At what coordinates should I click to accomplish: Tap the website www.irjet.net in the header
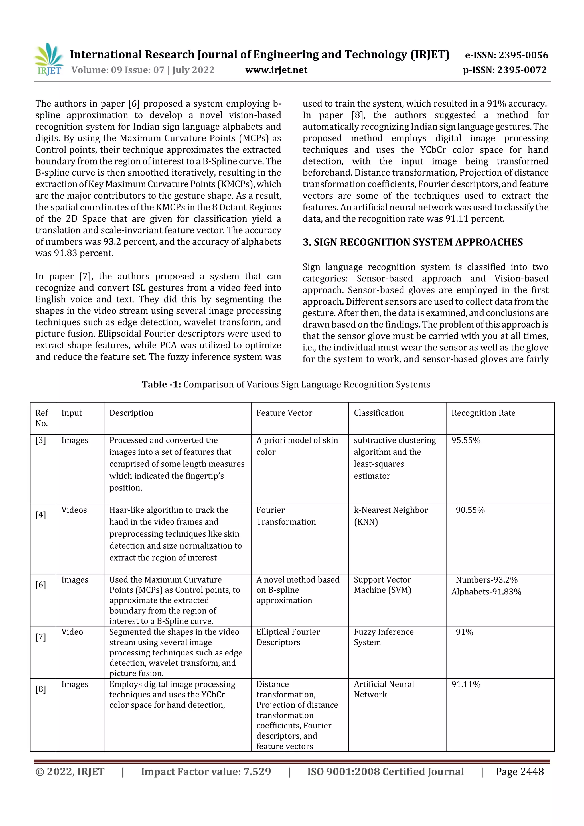point(276,70)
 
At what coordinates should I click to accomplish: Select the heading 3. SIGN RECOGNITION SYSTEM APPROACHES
point(412,242)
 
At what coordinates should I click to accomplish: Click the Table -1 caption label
point(161,384)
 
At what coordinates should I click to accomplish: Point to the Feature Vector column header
point(284,413)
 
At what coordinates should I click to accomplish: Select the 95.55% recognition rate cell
point(466,440)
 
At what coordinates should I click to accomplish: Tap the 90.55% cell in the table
point(470,510)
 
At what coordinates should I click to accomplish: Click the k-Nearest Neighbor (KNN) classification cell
point(390,516)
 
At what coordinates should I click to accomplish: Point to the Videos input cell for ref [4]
point(74,510)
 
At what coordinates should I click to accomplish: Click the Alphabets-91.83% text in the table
point(486,592)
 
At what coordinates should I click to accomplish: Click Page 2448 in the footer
point(519,771)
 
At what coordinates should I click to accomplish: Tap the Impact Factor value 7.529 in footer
point(206,771)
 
